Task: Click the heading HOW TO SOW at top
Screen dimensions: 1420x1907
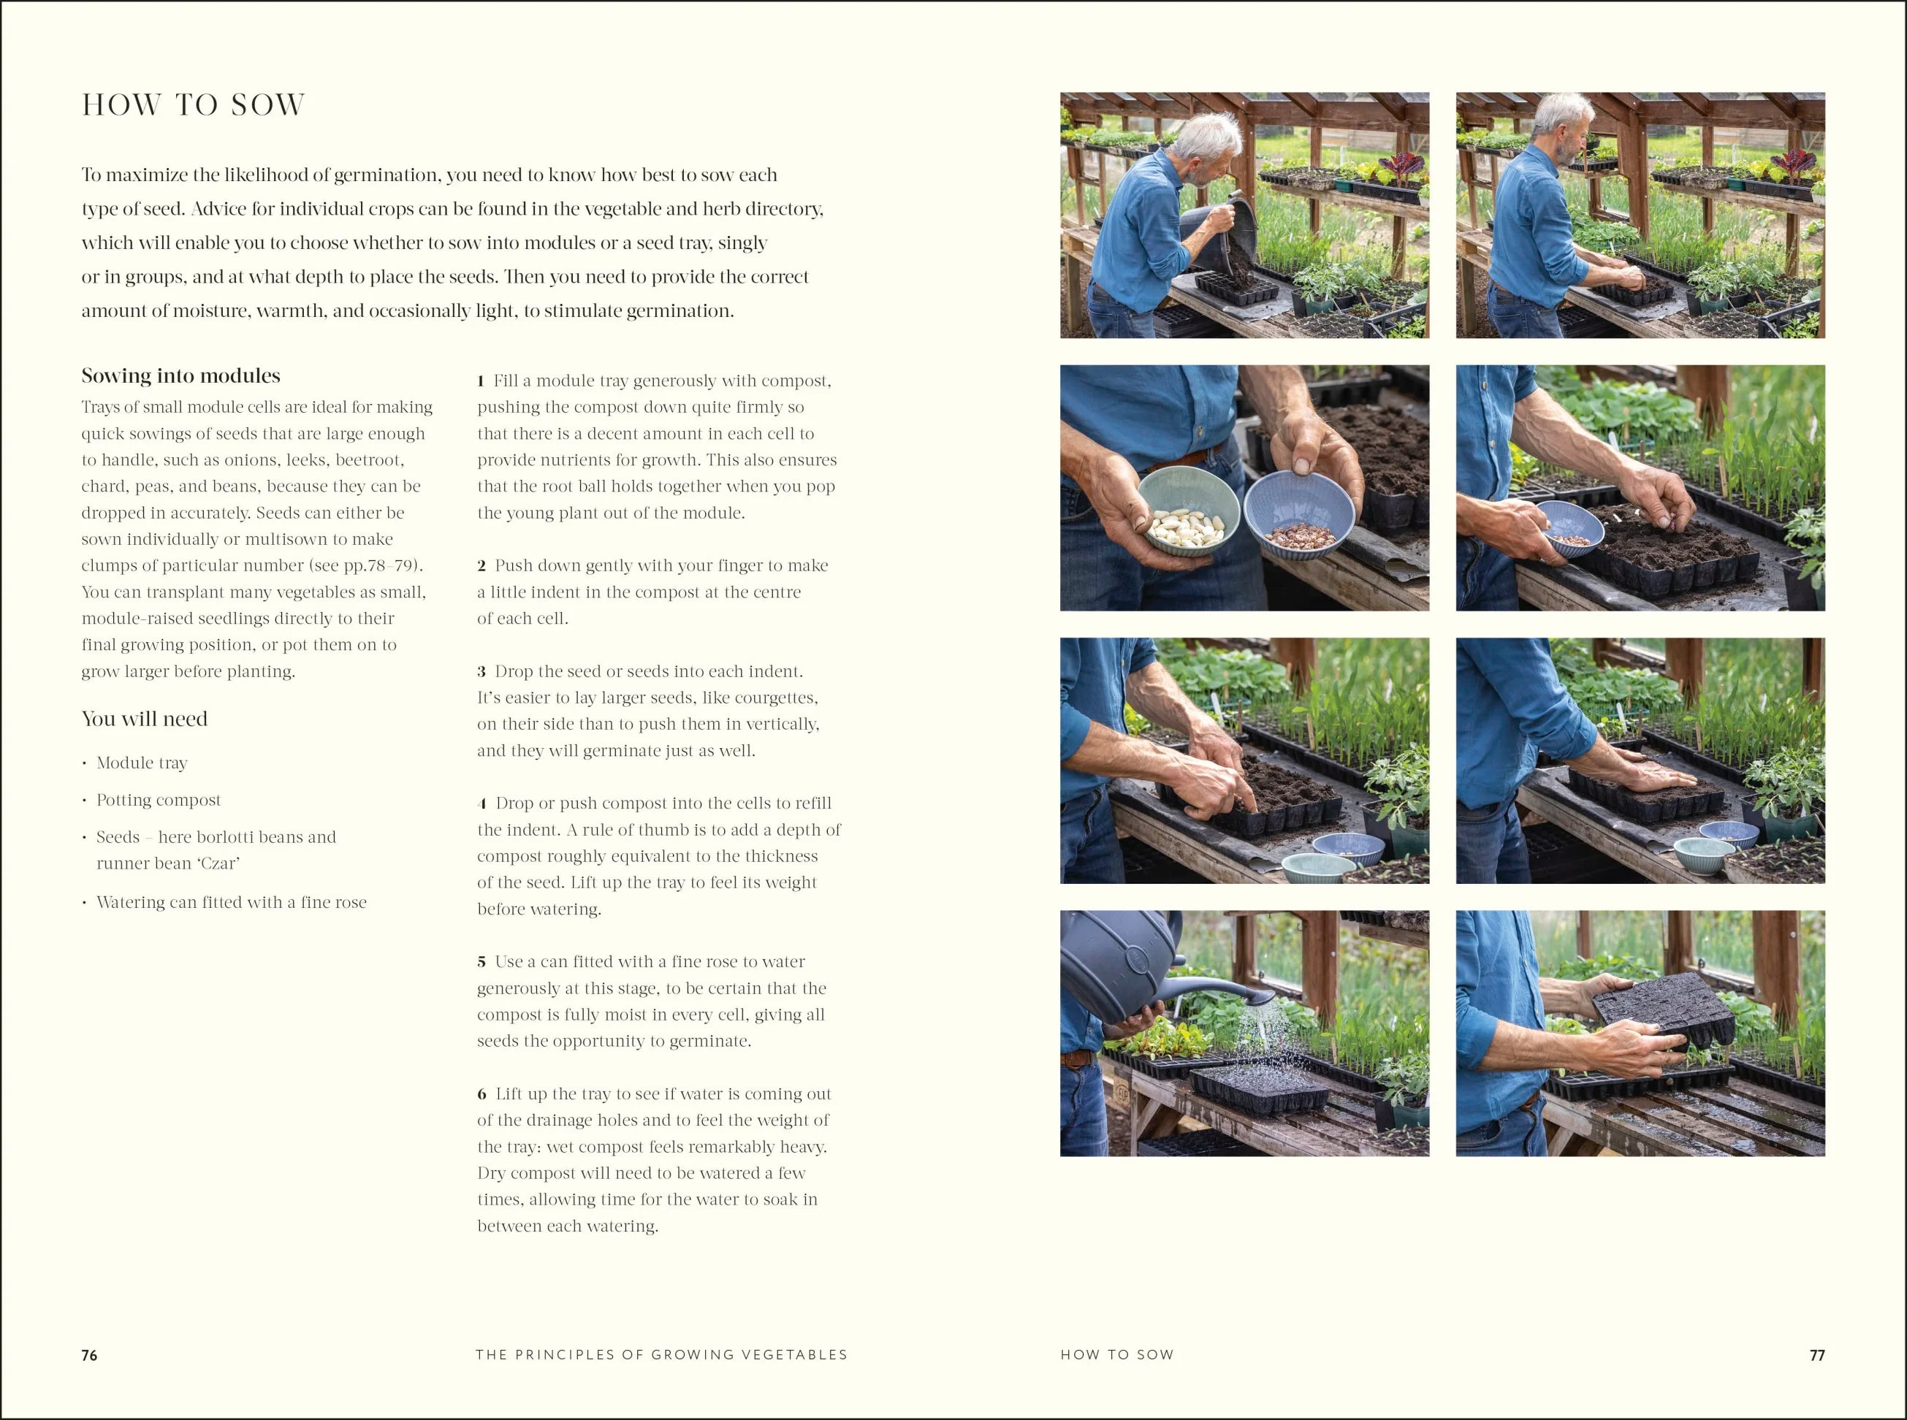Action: point(194,105)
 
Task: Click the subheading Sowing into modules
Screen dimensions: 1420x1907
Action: point(180,375)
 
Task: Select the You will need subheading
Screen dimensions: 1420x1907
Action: point(145,719)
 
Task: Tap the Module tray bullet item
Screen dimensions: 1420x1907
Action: point(142,763)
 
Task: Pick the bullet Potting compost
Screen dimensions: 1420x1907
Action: point(159,801)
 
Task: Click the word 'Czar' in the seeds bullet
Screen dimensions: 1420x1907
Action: point(219,863)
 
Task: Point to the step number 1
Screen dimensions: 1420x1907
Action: point(481,381)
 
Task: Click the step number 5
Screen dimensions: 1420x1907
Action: point(482,962)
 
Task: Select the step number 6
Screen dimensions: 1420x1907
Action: point(482,1094)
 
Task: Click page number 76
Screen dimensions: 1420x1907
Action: point(89,1356)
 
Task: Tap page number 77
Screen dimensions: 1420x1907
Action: point(1816,1356)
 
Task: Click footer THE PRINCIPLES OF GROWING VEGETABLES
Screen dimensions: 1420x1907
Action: point(661,1355)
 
